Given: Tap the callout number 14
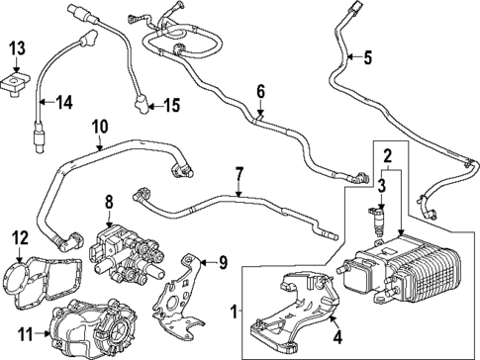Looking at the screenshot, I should click(x=64, y=102).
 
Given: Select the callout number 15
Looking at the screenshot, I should click(x=171, y=104).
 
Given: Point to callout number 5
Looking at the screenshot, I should click(x=367, y=57).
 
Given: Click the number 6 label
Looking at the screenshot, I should click(x=261, y=92).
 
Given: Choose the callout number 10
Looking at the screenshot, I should click(x=99, y=127).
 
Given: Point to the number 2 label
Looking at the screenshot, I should click(x=388, y=154).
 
